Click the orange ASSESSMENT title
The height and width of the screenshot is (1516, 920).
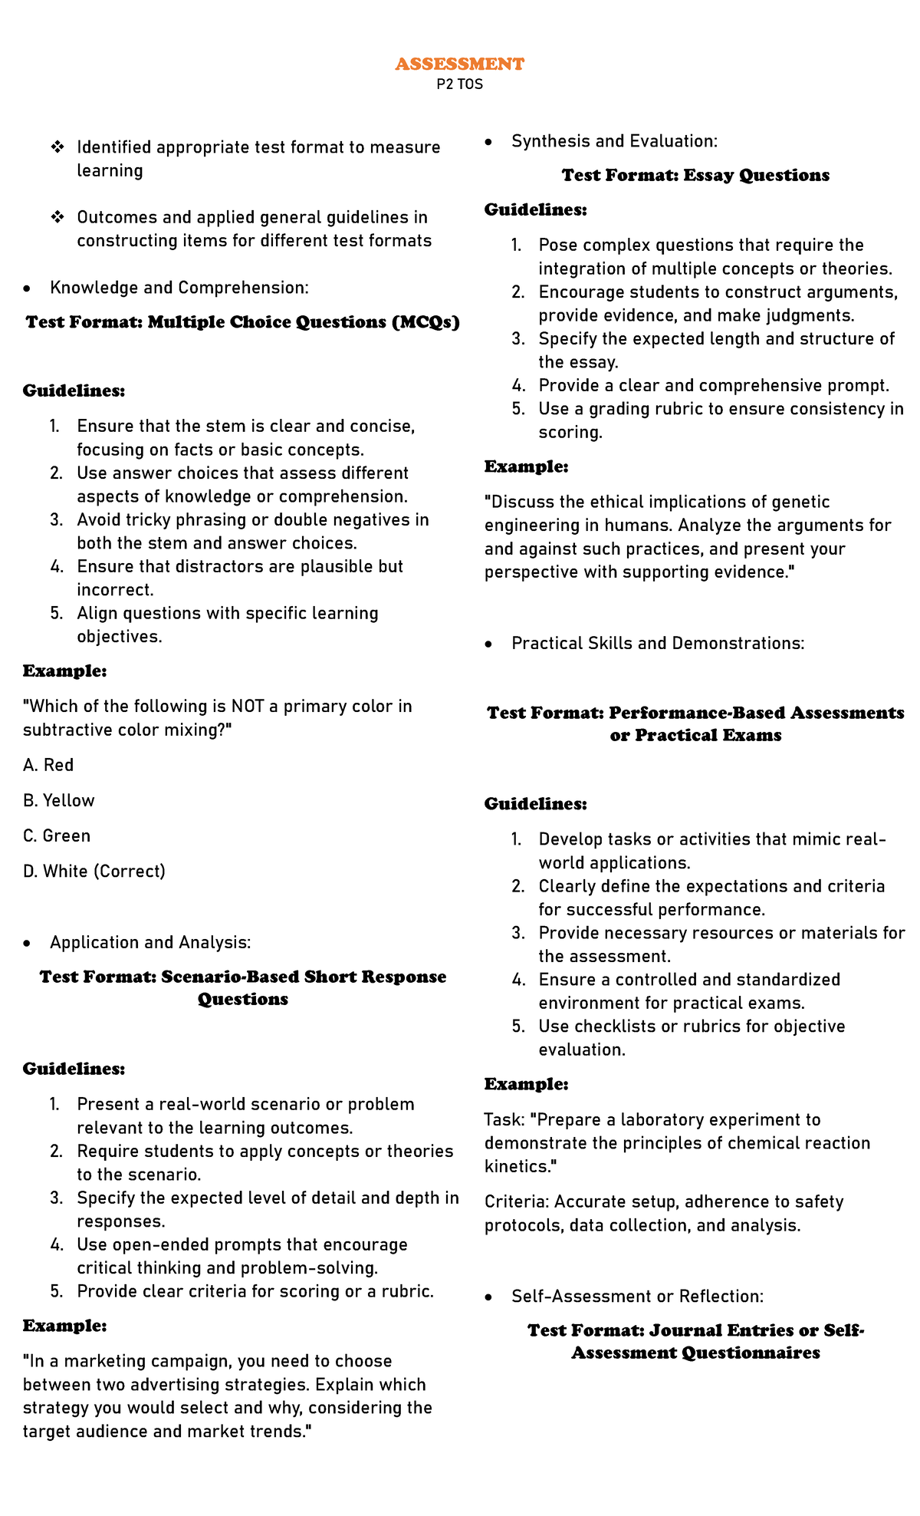(x=459, y=64)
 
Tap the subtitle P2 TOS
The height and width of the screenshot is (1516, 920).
(x=459, y=84)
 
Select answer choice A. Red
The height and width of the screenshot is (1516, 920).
(x=48, y=765)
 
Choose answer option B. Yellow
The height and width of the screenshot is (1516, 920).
(x=58, y=800)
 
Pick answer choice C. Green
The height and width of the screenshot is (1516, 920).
(x=57, y=835)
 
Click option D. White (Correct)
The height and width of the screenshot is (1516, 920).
(x=94, y=871)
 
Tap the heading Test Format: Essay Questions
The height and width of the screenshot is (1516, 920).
(x=695, y=175)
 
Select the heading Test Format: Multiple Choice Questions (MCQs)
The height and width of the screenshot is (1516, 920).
(x=242, y=321)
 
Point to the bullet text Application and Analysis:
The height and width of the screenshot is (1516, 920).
(x=150, y=942)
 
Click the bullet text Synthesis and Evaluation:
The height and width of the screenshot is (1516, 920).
(x=614, y=141)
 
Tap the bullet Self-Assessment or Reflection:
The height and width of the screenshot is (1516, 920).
(x=637, y=1296)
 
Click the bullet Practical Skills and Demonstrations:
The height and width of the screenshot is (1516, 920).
(x=658, y=643)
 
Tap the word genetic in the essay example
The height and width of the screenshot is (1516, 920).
(x=802, y=502)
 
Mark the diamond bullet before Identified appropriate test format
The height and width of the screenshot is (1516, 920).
(x=57, y=147)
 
